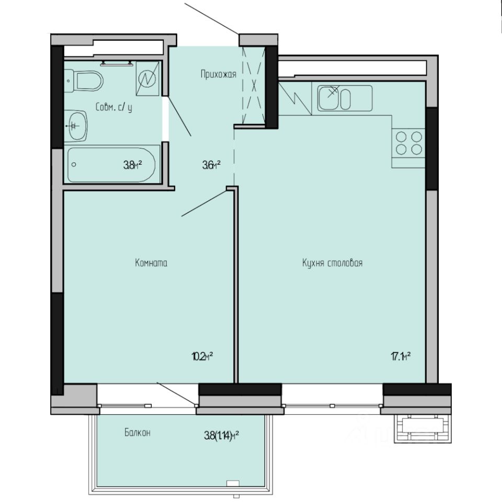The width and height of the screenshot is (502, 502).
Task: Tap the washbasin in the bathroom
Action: [x=77, y=125]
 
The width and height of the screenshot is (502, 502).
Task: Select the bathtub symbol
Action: [x=112, y=164]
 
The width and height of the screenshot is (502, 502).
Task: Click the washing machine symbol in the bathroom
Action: [x=148, y=79]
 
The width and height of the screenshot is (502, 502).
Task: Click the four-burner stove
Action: [x=409, y=142]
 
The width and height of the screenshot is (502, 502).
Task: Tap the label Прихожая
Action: [x=219, y=74]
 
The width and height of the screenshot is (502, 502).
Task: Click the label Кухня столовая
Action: [x=332, y=263]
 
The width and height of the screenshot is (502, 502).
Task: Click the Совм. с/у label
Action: [x=114, y=107]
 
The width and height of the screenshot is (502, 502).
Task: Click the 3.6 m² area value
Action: [x=211, y=165]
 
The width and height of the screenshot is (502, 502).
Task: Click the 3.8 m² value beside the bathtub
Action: [x=132, y=165]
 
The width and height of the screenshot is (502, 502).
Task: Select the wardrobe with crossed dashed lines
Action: [x=253, y=86]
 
